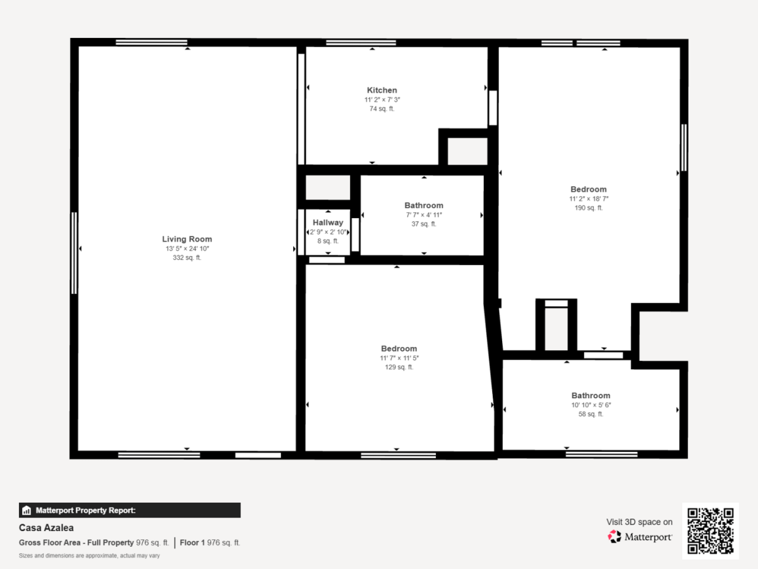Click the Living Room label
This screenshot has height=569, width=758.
pos(187,239)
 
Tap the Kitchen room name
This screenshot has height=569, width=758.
pos(382,90)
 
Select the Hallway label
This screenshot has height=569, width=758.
pos(328,223)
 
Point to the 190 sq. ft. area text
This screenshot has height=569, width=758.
pos(589,208)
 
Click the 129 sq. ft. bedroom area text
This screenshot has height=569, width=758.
pos(399,367)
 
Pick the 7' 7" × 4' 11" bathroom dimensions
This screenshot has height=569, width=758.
pos(424,215)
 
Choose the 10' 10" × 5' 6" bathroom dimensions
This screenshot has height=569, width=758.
pos(591,405)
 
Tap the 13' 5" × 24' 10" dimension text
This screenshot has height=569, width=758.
pos(187,248)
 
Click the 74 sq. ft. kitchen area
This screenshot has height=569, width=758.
pos(382,109)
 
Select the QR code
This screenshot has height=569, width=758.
pos(711,530)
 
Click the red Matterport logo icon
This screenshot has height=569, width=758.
pos(615,537)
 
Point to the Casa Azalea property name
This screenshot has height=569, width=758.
pos(46,527)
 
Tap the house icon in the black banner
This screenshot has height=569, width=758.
pos(27,510)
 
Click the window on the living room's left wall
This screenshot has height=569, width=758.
pos(74,254)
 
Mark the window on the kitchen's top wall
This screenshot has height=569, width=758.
pos(361,43)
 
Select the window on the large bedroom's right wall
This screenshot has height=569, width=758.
pos(683,147)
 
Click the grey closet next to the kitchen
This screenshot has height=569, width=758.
pos(467,151)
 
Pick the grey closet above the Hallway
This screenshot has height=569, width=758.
pos(328,187)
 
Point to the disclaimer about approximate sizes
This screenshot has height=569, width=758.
pos(89,556)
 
